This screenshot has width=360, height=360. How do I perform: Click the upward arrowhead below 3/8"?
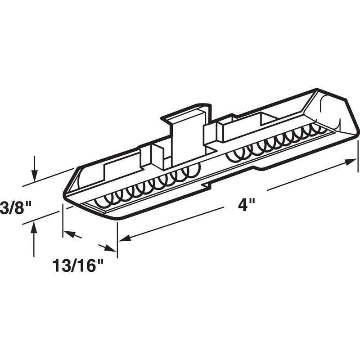(34, 229)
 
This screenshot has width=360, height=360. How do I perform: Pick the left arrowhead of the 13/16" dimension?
(67, 233)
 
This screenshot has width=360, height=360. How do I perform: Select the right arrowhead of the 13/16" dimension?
(111, 248)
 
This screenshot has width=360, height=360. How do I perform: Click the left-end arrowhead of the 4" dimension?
(124, 238)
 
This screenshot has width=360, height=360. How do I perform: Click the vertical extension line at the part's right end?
(358, 155)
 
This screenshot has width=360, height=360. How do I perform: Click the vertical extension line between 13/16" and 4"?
(117, 238)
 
